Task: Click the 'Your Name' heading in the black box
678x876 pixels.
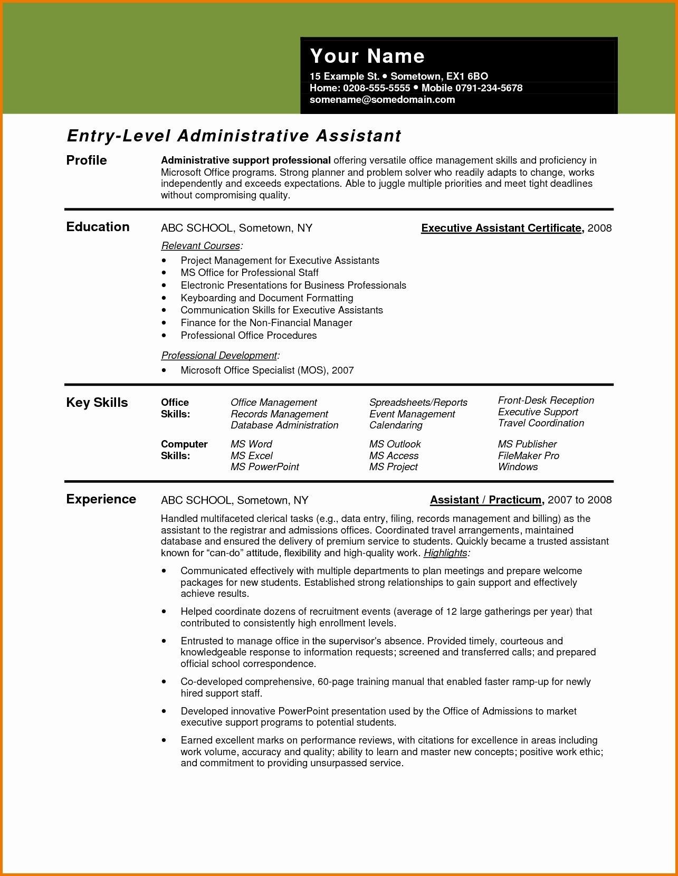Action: [367, 56]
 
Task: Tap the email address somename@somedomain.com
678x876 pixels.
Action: [382, 100]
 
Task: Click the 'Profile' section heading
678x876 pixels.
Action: [87, 160]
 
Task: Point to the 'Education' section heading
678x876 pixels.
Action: [98, 227]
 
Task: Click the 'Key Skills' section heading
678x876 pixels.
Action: [97, 403]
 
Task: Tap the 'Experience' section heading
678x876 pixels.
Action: [101, 499]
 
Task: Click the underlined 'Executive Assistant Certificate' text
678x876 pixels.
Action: [501, 228]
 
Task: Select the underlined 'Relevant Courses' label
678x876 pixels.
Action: [200, 246]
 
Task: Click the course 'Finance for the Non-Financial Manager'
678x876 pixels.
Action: [266, 323]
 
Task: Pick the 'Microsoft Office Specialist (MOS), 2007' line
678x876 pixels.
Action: [267, 370]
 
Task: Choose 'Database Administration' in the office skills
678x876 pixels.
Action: [284, 425]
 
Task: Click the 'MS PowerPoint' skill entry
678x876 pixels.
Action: [264, 467]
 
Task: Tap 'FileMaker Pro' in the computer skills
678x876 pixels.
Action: [528, 456]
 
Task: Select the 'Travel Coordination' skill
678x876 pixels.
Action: [541, 423]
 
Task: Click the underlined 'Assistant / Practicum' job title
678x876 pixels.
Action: [486, 500]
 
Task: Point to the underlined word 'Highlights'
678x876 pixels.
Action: [445, 553]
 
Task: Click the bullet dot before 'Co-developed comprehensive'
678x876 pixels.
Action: [165, 682]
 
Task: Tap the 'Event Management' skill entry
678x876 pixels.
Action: [412, 414]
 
